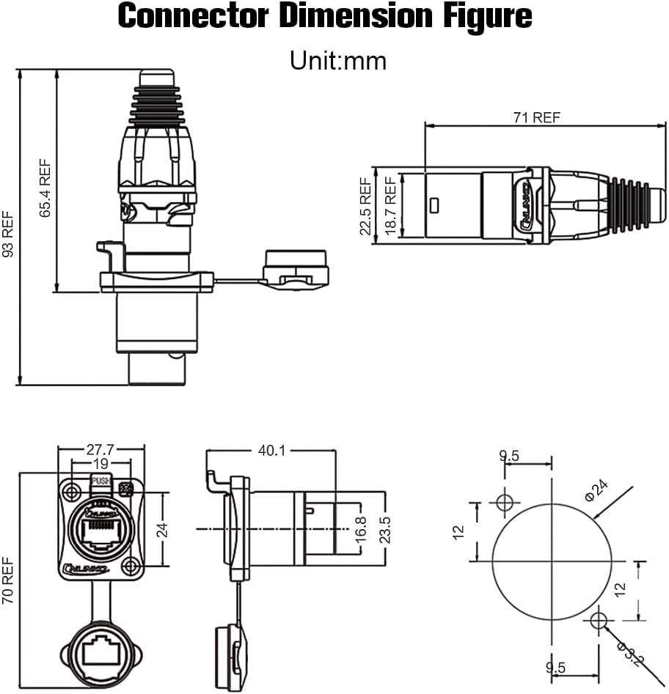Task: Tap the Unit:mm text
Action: (337, 60)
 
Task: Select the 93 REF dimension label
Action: (8, 234)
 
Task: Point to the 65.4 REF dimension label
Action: (45, 189)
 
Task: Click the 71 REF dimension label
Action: (536, 118)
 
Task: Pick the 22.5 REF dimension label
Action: (365, 206)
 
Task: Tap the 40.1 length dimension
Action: (271, 450)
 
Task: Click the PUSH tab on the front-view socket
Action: (100, 481)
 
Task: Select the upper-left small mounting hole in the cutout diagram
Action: (504, 503)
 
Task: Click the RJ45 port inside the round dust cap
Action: (100, 651)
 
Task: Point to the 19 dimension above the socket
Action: (100, 464)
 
